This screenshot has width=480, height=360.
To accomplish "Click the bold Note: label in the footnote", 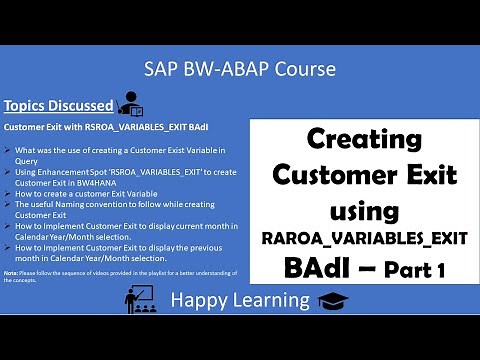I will pyautogui.click(x=11, y=272).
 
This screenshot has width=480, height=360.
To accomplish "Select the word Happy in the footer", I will pyautogui.click(x=196, y=299).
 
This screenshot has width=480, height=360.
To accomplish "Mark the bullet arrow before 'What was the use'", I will pyautogui.click(x=9, y=149).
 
